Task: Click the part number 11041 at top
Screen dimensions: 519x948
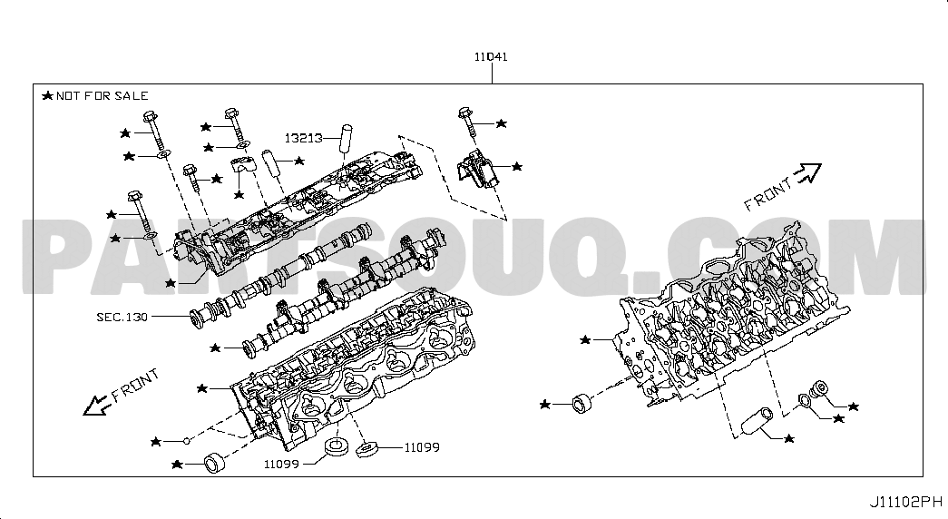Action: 490,56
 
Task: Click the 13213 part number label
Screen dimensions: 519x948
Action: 303,139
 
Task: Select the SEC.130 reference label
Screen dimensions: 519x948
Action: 122,318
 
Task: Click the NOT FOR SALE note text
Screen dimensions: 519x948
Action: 102,95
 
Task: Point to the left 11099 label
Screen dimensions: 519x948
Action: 282,464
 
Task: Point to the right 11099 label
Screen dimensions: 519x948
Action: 422,446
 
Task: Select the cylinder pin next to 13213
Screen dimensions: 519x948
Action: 346,136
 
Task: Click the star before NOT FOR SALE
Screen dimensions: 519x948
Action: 47,95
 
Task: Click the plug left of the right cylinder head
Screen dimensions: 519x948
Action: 581,402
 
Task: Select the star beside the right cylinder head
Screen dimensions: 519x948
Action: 586,339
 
